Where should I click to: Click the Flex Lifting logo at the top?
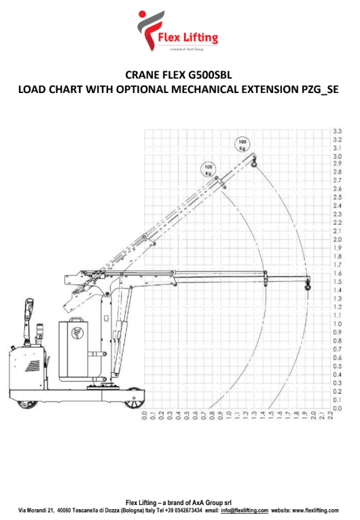[x=178, y=31]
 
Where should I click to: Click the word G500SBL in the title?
[x=210, y=75]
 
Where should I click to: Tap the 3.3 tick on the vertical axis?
[x=337, y=131]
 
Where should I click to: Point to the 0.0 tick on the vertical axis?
[x=337, y=408]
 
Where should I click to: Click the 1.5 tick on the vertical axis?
[x=337, y=282]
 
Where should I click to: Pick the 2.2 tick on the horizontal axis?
[x=330, y=415]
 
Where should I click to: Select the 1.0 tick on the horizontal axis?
[x=229, y=415]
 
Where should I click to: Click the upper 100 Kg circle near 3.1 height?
[x=242, y=145]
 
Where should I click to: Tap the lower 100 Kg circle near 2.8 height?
[x=209, y=170]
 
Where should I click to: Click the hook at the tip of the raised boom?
[x=255, y=163]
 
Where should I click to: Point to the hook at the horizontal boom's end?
[x=308, y=286]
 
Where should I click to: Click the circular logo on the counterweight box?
[x=77, y=333]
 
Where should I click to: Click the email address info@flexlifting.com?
[x=245, y=510]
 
